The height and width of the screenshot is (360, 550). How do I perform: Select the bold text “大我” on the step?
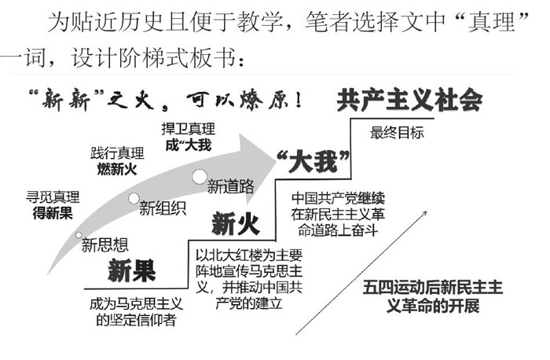click(x=313, y=163)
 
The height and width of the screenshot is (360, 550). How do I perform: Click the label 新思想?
click(x=104, y=245)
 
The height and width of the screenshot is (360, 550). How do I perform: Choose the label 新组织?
click(x=163, y=208)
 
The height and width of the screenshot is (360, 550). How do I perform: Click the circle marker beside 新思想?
click(x=79, y=235)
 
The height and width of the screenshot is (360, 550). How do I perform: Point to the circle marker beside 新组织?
click(x=134, y=198)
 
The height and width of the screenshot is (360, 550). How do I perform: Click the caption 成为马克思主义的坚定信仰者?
click(x=130, y=313)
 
